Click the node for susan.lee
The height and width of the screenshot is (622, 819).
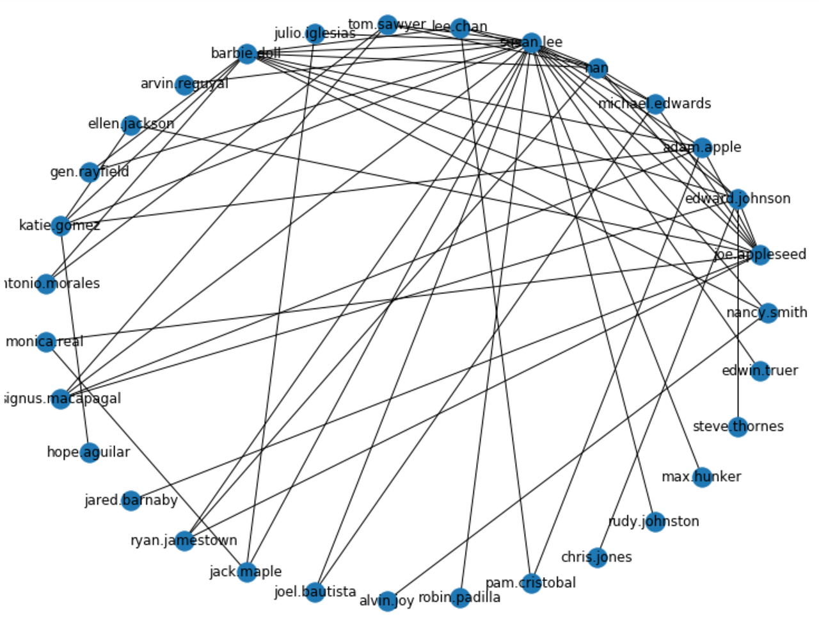pyautogui.click(x=531, y=43)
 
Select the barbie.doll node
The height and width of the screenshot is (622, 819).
pyautogui.click(x=247, y=53)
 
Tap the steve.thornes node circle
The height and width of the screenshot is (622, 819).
pyautogui.click(x=738, y=427)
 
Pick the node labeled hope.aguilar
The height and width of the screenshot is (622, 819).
pyautogui.click(x=90, y=453)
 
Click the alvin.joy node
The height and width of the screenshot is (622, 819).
pyautogui.click(x=387, y=601)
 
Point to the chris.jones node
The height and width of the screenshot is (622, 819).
pyautogui.click(x=597, y=557)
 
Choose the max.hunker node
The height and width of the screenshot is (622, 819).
pyautogui.click(x=702, y=477)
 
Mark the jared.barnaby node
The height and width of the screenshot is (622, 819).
pyautogui.click(x=131, y=500)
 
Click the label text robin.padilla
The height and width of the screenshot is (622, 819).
pyautogui.click(x=459, y=598)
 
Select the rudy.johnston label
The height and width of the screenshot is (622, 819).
pyautogui.click(x=654, y=521)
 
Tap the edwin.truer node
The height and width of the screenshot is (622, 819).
pyautogui.click(x=759, y=371)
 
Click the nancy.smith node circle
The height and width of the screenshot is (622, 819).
pyautogui.click(x=767, y=313)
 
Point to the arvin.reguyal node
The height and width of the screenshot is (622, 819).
pyautogui.click(x=185, y=84)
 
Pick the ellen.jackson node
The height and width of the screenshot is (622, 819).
pyautogui.click(x=131, y=124)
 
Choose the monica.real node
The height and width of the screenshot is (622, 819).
pyautogui.click(x=46, y=341)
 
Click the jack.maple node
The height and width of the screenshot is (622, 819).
pyautogui.click(x=247, y=571)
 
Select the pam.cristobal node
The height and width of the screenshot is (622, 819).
pyautogui.click(x=531, y=583)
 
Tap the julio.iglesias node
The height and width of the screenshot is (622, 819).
pyautogui.click(x=315, y=33)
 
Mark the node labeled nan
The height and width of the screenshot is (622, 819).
pyautogui.click(x=597, y=68)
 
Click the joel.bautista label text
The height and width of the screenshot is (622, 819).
pyautogui.click(x=315, y=592)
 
